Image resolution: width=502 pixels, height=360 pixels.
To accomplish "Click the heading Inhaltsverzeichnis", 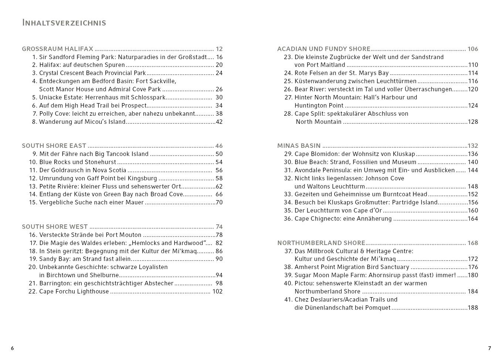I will (64, 23).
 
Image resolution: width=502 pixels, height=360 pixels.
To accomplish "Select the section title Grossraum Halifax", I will (57, 49).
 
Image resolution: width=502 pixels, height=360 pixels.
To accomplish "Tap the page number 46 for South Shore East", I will (219, 146).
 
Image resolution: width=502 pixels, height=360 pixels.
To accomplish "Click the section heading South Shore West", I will (55, 227).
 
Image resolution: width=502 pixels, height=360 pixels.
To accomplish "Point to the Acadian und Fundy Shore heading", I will (323, 49).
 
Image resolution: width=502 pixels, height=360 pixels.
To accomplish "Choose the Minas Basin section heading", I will (299, 146).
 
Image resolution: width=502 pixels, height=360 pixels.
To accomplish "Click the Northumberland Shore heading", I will (321, 243).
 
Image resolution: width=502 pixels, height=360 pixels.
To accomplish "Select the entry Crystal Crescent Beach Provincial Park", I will (92, 73).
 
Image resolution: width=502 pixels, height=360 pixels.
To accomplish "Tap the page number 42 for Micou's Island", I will (219, 122).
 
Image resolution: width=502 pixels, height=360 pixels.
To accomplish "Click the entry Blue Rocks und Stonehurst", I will (78, 162).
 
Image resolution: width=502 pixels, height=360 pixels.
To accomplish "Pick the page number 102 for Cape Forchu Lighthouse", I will (217, 291).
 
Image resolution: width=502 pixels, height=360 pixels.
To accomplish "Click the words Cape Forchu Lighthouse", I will (74, 291).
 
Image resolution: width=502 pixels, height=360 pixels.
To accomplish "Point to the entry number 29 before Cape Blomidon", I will (288, 154).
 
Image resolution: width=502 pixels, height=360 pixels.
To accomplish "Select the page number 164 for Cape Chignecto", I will (473, 218).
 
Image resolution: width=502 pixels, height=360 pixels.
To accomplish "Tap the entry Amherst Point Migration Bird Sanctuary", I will (352, 267).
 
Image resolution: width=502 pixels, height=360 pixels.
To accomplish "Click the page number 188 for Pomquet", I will (473, 308).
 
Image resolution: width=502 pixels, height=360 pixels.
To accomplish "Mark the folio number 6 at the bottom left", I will (12, 348).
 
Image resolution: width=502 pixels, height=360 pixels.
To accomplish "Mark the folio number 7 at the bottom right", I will (489, 348).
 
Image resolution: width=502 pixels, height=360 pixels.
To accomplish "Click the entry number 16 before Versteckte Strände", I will (33, 235).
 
